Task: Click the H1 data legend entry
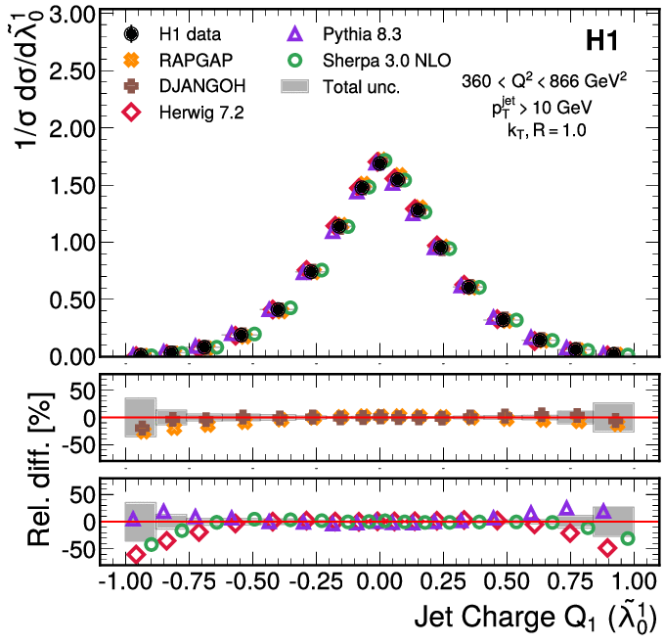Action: (x=186, y=36)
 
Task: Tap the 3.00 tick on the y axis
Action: (x=68, y=15)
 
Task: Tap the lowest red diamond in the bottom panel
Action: (x=137, y=555)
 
